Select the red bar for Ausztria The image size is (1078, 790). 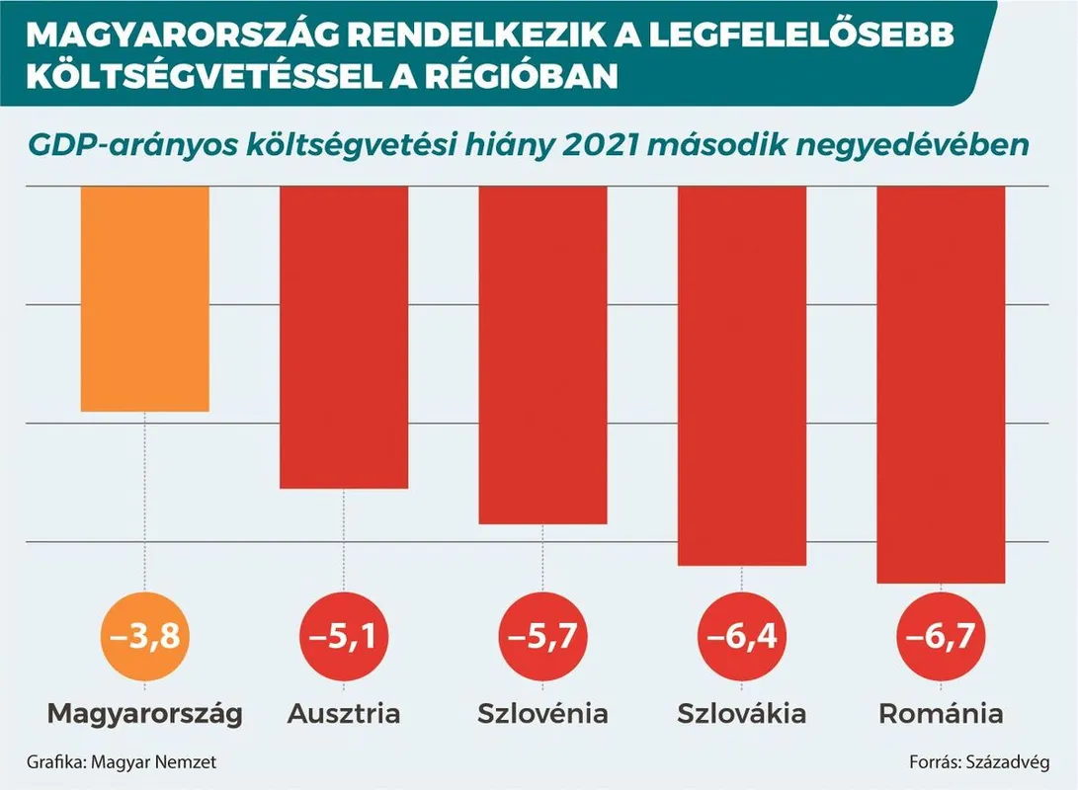coord(344,337)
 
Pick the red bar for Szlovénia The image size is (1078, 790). coord(542,355)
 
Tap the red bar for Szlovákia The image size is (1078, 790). coord(741,375)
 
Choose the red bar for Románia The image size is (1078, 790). coord(941,384)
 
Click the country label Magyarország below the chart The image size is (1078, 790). coord(145,714)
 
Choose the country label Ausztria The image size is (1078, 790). coord(344,714)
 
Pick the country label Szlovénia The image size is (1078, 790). coord(542,714)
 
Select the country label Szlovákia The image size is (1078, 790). coord(741,714)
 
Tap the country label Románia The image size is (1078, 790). coord(941,714)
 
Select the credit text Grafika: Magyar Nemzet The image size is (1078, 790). coord(122,762)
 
